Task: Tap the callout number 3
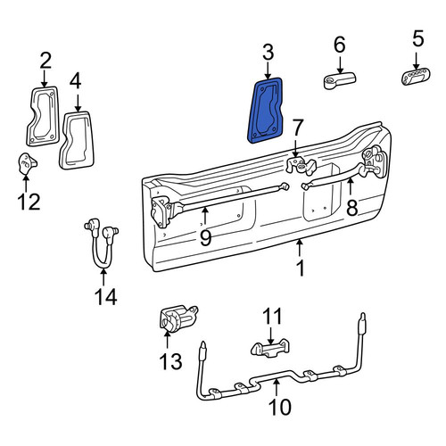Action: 268,53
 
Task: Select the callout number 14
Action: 106,296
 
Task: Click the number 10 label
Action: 279,407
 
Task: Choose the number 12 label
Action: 29,202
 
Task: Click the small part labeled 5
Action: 416,78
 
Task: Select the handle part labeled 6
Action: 340,80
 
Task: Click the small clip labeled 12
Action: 28,163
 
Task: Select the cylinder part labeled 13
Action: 178,318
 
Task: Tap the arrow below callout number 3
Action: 268,70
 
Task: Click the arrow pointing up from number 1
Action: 300,248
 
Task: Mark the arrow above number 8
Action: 351,186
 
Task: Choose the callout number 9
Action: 205,238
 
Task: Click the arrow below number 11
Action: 270,336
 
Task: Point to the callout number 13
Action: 170,361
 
